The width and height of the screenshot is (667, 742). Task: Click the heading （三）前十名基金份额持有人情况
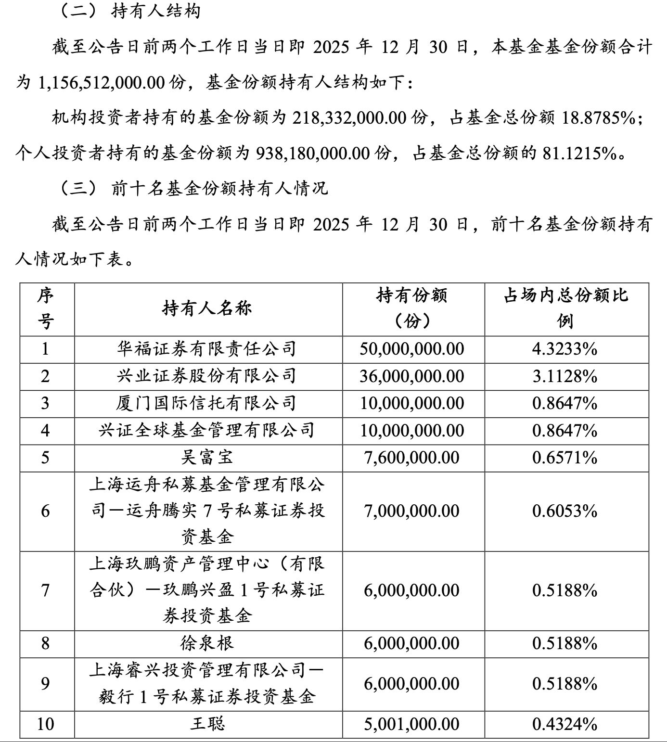pos(192,188)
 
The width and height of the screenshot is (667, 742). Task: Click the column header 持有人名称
pos(207,308)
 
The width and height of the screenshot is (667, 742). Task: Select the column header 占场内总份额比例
pos(566,308)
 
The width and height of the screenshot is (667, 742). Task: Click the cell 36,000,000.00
pos(412,376)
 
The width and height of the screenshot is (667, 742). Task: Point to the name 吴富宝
pos(207,457)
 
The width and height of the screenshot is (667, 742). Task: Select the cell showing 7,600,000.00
pos(412,457)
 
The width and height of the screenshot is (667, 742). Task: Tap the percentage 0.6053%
pos(564,511)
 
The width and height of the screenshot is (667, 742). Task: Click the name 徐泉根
pos(207,643)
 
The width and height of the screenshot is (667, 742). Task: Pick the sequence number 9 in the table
pos(45,683)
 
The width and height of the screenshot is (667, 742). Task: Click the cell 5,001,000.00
pos(412,724)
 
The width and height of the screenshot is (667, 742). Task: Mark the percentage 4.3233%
pos(564,349)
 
